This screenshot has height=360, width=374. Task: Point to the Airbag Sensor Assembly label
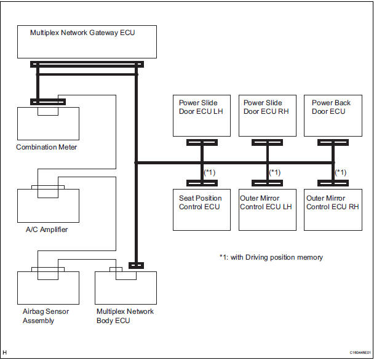(x=42, y=316)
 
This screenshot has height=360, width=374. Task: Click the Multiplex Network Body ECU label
(x=125, y=316)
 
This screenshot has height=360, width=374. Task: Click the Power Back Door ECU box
(x=332, y=115)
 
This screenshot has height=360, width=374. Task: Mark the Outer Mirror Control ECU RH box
(x=332, y=210)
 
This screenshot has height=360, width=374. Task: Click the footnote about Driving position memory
(x=271, y=257)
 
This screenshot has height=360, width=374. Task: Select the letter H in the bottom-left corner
(x=5, y=353)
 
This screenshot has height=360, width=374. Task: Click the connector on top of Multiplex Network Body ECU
(x=136, y=265)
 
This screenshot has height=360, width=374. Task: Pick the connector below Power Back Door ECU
(x=333, y=143)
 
